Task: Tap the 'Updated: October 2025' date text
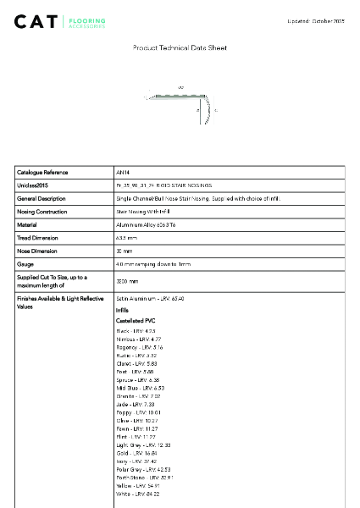[317, 20]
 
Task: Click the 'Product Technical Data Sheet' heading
[180, 48]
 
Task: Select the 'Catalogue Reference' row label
[42, 172]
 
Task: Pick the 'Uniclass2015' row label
[33, 185]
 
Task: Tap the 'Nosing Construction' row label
[42, 211]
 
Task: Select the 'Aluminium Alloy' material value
[140, 224]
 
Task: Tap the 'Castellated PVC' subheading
[136, 321]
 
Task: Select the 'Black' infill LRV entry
[136, 330]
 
